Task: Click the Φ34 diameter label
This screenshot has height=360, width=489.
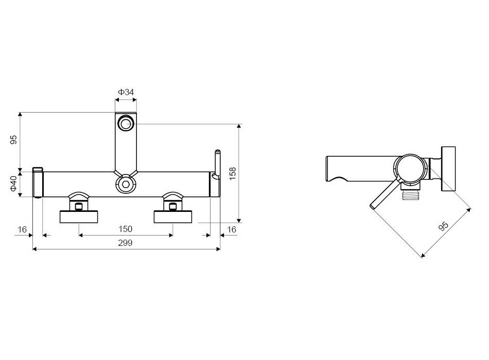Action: tap(126, 92)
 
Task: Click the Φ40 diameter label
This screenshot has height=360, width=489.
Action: tap(13, 184)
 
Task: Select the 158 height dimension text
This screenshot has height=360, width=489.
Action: tap(233, 173)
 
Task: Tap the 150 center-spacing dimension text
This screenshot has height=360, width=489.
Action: tap(126, 229)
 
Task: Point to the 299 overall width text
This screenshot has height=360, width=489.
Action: tap(125, 243)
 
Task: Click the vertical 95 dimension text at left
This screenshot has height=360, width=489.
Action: tap(13, 140)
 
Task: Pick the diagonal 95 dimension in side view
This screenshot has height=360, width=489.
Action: tap(443, 226)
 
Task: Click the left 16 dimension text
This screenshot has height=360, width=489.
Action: tap(22, 230)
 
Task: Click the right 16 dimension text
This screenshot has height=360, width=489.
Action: tap(232, 230)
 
